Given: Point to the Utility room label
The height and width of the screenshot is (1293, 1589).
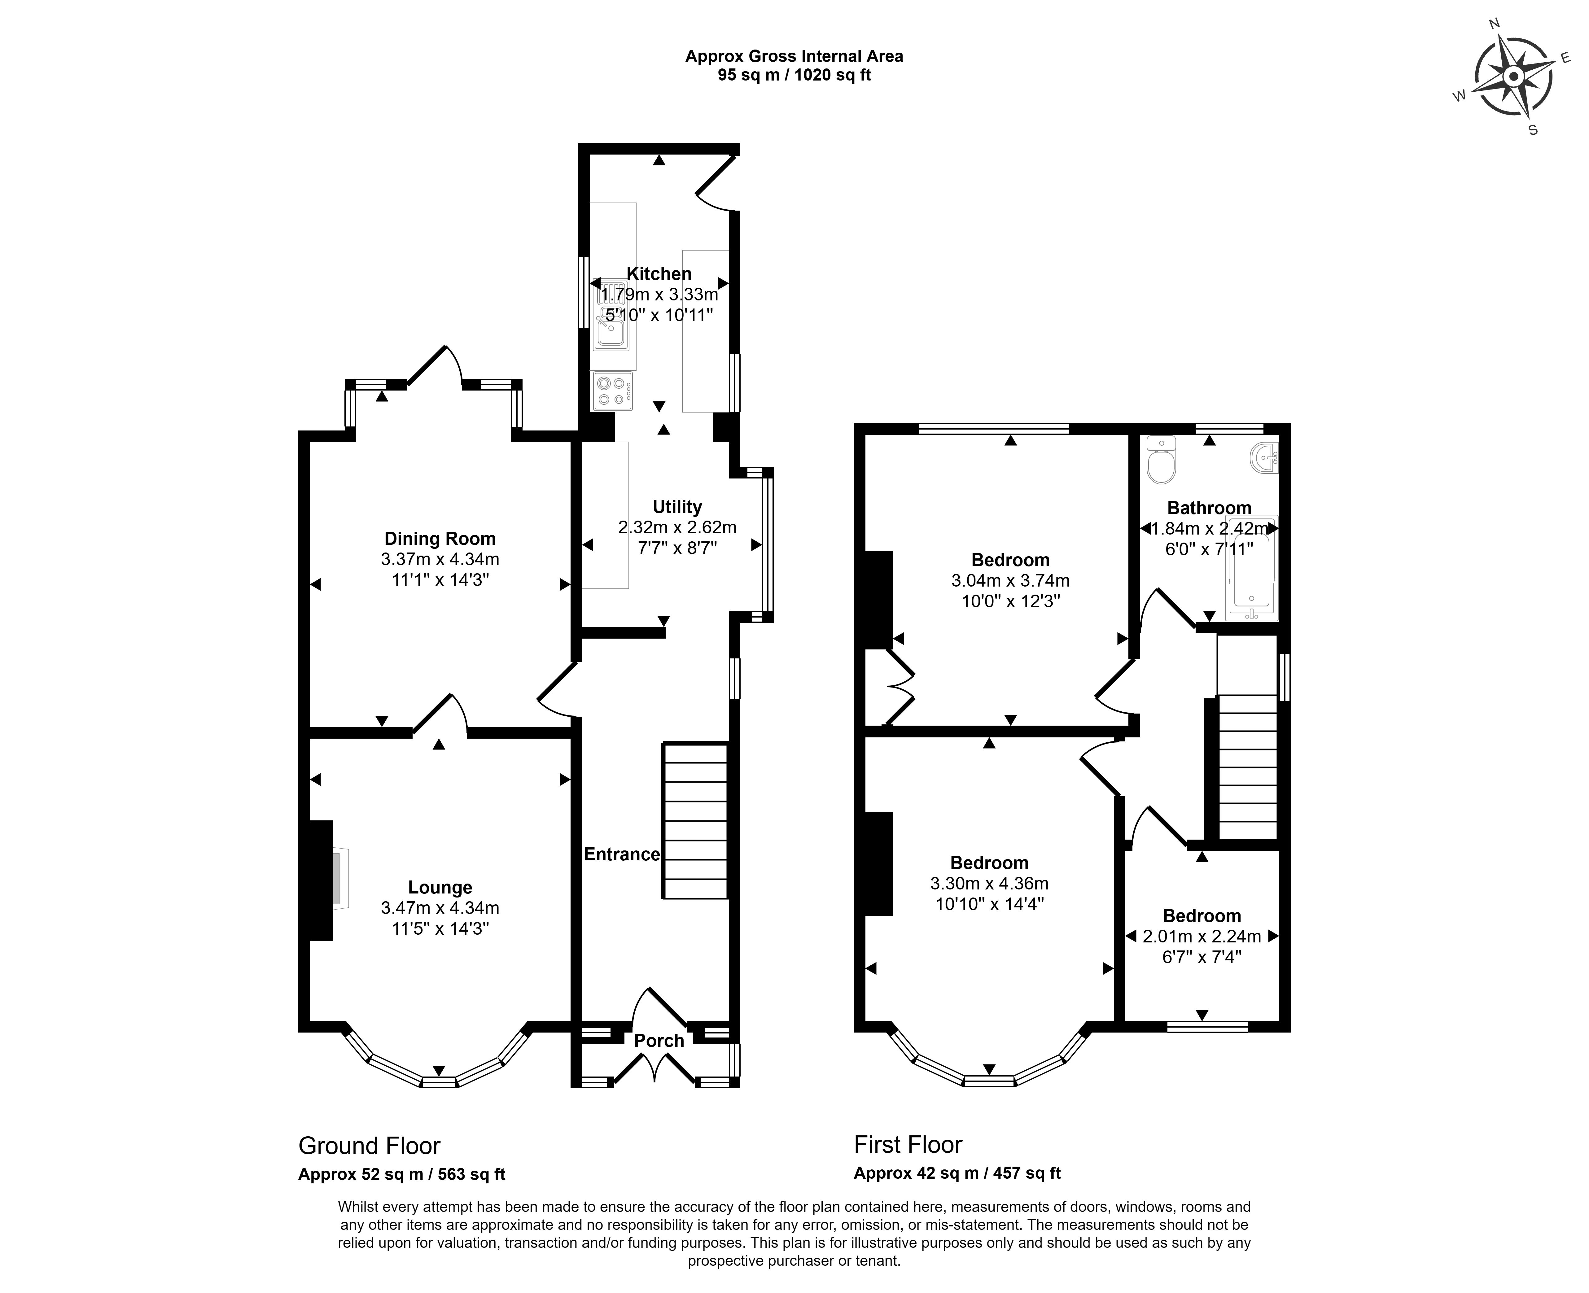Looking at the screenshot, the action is pos(677,507).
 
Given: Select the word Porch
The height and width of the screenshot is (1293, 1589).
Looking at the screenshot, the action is pos(659,1041).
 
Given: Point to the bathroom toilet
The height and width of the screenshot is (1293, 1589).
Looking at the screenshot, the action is pos(1161,460).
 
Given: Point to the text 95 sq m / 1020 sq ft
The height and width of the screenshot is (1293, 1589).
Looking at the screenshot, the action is pos(794,75).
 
